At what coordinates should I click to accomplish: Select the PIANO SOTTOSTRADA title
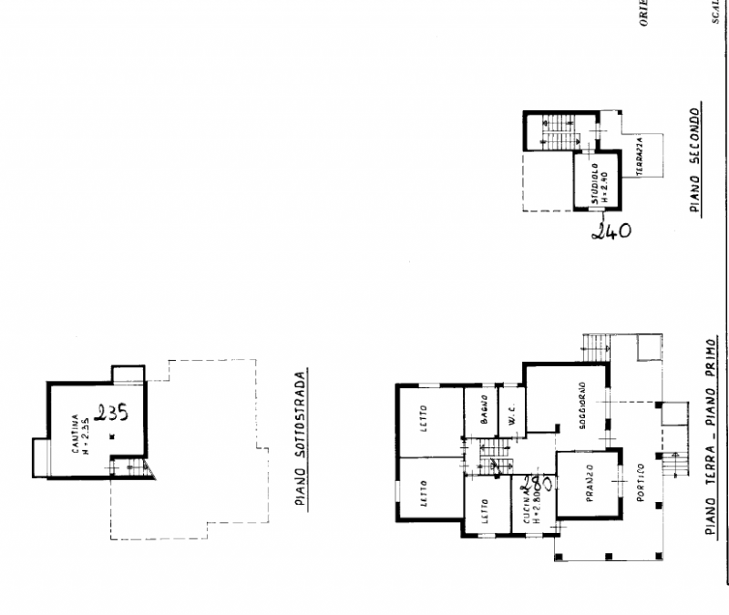(x=307, y=437)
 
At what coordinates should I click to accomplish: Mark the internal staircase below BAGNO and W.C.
(x=497, y=456)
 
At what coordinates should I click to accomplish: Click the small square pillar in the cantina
(x=110, y=438)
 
